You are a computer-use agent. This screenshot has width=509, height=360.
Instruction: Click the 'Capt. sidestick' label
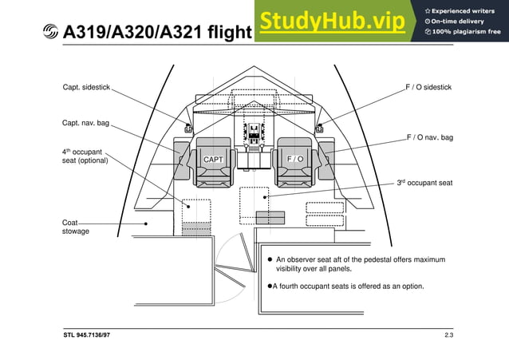pyautogui.click(x=86, y=86)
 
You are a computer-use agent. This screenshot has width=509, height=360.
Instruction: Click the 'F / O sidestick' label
pyautogui.click(x=429, y=86)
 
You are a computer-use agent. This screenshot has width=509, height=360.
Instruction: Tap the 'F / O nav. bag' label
pyautogui.click(x=429, y=138)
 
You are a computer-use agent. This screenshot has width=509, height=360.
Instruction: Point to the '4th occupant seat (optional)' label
pyautogui.click(x=85, y=156)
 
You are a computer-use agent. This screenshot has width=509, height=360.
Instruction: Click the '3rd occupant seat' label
pyautogui.click(x=424, y=183)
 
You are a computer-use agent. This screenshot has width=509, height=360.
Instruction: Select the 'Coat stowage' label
pyautogui.click(x=76, y=227)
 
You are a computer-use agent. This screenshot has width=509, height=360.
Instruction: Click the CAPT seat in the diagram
pyautogui.click(x=213, y=160)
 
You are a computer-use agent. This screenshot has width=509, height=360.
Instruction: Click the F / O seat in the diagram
pyautogui.click(x=295, y=159)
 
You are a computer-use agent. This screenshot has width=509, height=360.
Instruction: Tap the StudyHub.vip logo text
pyautogui.click(x=332, y=22)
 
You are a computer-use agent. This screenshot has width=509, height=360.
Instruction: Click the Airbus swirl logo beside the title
pyautogui.click(x=50, y=32)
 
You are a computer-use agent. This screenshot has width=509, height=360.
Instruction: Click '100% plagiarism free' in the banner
pyautogui.click(x=467, y=31)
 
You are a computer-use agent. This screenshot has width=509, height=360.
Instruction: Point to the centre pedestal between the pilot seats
pyautogui.click(x=254, y=148)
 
